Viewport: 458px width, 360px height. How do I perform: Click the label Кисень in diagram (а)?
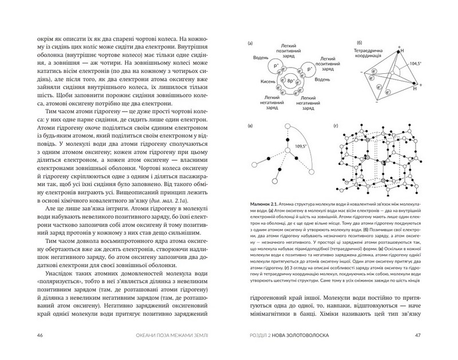(267, 81)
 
